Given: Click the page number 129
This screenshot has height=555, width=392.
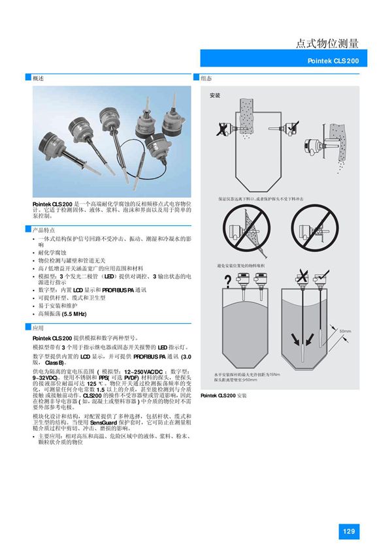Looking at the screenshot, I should point(348,531).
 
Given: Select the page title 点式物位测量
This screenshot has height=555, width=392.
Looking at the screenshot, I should point(327,43).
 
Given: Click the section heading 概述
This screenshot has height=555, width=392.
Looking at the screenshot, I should point(39,78).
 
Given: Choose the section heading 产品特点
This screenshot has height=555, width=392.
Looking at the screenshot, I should point(43,229).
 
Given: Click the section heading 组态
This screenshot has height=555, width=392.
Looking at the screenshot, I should point(206,78).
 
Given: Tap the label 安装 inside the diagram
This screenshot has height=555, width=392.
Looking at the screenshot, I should point(215,95).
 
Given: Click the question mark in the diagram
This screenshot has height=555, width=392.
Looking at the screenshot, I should point(227,281).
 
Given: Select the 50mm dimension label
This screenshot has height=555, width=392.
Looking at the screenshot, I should point(346,331).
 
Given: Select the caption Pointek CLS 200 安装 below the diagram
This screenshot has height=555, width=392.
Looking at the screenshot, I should point(223,395).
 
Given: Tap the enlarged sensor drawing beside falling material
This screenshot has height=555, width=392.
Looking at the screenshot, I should point(314,147).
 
